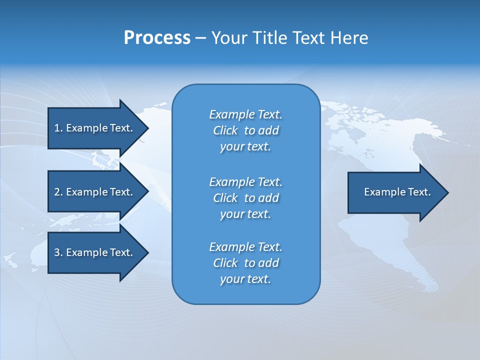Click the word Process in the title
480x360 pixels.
click(157, 37)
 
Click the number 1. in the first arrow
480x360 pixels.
click(58, 128)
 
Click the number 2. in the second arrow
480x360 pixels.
click(58, 192)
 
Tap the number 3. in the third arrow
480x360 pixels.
click(58, 252)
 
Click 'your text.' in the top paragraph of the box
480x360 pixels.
click(245, 147)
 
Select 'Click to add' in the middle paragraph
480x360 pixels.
click(245, 198)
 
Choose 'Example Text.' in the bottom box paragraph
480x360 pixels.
click(245, 247)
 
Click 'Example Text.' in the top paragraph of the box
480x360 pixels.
click(245, 114)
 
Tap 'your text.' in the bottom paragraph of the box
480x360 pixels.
click(245, 279)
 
